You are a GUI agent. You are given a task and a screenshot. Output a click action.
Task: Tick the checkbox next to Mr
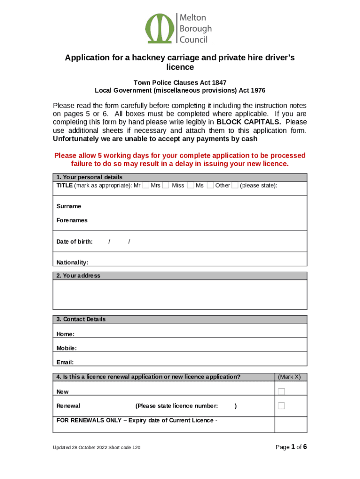[146, 186]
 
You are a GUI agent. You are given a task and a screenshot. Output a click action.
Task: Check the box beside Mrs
[166, 186]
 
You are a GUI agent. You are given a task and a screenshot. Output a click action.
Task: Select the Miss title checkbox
[191, 186]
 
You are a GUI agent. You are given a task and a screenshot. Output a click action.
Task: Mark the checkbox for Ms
[210, 186]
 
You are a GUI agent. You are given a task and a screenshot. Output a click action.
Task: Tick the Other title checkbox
[235, 186]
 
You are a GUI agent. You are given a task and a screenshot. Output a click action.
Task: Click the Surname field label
[69, 206]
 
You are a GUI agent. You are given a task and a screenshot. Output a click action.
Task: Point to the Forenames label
[72, 220]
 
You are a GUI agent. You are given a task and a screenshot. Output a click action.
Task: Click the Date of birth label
[74, 242]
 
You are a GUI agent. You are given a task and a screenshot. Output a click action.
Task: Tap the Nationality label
[72, 263]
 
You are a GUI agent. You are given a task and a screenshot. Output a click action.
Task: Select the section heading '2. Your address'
[78, 276]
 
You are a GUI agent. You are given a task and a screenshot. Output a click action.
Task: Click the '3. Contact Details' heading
[81, 319]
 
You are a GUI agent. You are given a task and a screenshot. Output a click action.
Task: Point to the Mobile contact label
[66, 348]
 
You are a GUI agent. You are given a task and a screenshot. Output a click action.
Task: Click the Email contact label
[65, 363]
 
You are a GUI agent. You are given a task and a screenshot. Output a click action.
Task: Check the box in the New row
[281, 392]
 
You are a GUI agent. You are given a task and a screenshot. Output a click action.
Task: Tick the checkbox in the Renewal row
[281, 406]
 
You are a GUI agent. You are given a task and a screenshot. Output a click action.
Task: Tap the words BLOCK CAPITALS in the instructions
[245, 123]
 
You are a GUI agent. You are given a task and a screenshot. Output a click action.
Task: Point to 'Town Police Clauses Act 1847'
[180, 83]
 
